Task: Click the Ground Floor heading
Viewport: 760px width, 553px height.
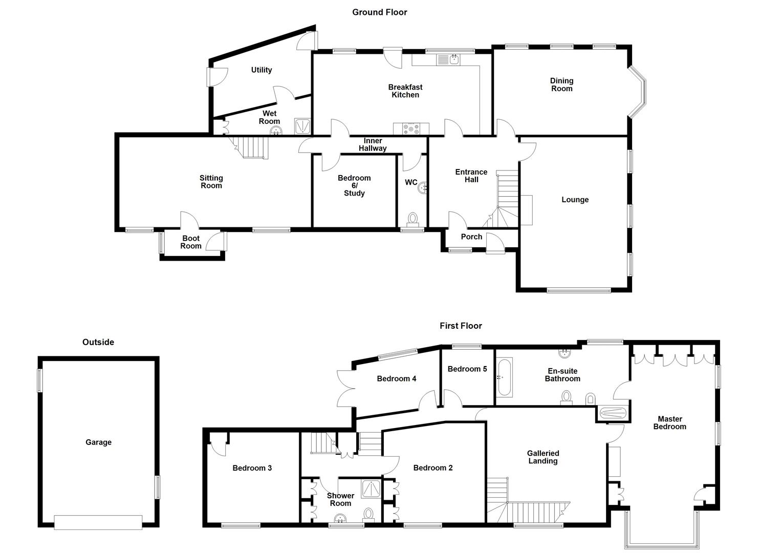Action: [379, 12]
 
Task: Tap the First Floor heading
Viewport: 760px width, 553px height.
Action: [461, 326]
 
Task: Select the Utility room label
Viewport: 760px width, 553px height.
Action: [261, 70]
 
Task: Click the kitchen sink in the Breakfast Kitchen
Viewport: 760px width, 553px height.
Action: [448, 60]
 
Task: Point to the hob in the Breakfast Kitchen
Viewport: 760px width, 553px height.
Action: [411, 129]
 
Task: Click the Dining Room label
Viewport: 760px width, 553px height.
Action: [561, 84]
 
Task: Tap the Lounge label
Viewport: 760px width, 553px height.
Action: [575, 200]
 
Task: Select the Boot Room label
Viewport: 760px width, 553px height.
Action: [191, 242]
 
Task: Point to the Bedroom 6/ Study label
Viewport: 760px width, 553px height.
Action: [354, 185]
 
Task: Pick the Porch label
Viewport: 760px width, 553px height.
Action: [471, 237]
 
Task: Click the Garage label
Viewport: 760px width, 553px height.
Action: [98, 442]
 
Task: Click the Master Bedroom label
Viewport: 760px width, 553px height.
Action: [669, 423]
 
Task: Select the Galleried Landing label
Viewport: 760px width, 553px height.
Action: [542, 457]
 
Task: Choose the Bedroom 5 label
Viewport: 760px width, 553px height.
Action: [467, 369]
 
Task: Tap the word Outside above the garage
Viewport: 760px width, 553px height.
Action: [98, 342]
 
